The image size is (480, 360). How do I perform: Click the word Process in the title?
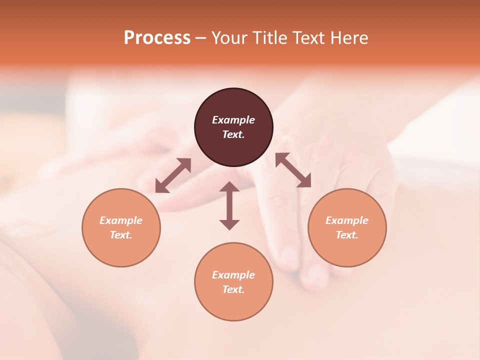coord(157,38)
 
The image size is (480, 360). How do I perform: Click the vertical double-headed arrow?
coord(229,205)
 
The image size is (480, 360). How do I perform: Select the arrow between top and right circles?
coord(293,170)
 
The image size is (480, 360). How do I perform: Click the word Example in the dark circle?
coord(233,120)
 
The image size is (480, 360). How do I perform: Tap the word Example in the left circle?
coord(121,220)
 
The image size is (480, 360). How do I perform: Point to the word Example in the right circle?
coord(347,220)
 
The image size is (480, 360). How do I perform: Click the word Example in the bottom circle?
coord(233,275)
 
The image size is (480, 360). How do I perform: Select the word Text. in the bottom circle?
coord(233,289)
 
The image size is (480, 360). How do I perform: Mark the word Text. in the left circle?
coord(121,235)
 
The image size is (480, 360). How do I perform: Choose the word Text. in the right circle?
coord(347,235)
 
